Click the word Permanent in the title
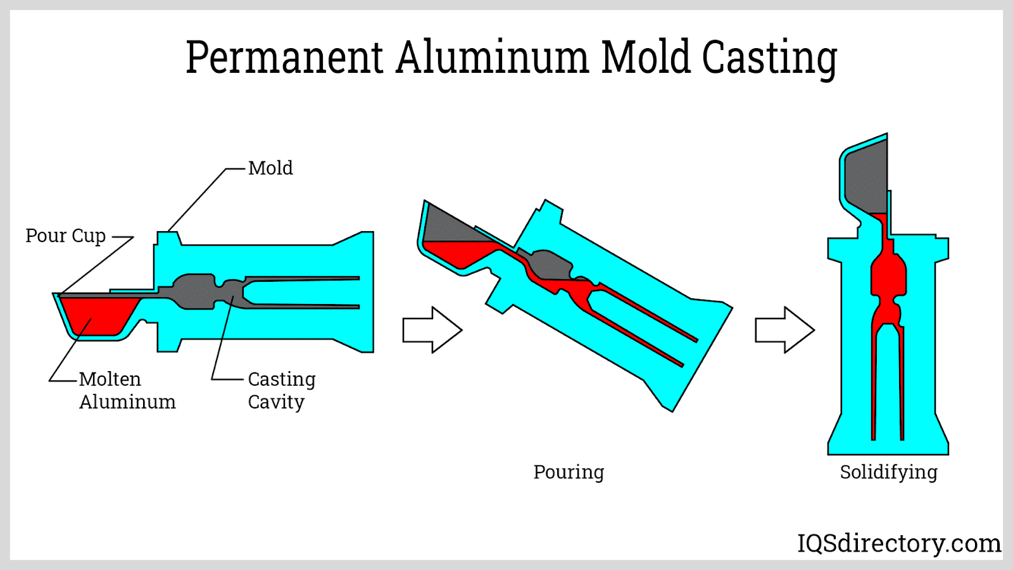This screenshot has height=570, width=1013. click(x=284, y=58)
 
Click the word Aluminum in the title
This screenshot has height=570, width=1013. click(x=492, y=58)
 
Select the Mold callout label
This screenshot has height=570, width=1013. click(x=270, y=168)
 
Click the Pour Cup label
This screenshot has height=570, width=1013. click(x=65, y=236)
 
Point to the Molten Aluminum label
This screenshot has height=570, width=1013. click(x=127, y=390)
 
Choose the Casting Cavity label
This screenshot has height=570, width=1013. click(x=281, y=390)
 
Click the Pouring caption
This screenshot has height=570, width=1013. click(x=569, y=472)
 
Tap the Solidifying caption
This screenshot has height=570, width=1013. click(x=888, y=472)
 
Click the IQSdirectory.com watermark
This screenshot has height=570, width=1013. click(x=898, y=543)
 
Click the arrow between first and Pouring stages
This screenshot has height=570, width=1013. click(x=432, y=330)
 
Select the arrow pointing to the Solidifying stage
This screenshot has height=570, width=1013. click(x=784, y=330)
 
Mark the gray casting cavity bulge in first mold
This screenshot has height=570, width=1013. click(x=194, y=291)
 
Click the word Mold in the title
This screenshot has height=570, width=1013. click(x=645, y=58)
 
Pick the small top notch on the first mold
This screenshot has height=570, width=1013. click(x=168, y=238)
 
